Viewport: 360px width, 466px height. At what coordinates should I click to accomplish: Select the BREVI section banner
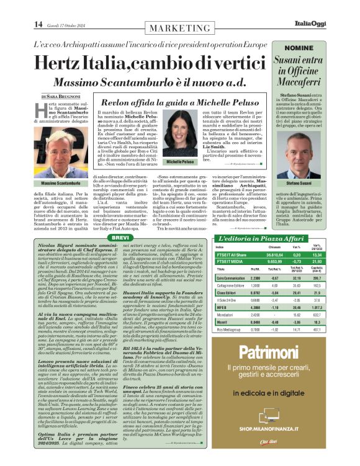(x=121, y=238)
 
